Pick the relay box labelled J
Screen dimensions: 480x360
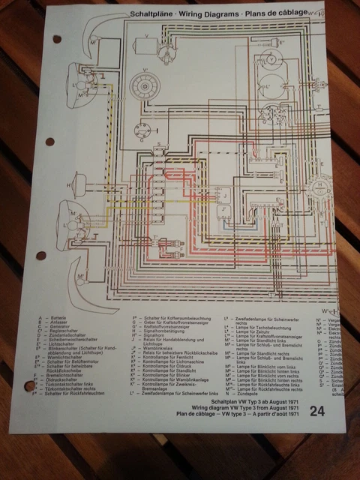(224, 197)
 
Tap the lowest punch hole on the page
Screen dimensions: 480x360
(31, 387)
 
